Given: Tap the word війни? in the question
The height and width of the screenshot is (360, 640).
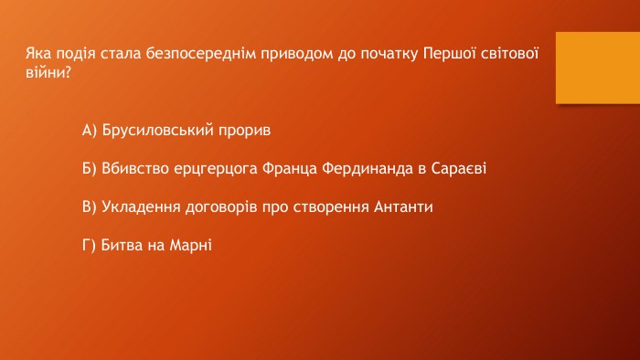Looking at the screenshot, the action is point(48,72).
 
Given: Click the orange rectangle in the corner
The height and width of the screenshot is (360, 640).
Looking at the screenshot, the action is point(598,68).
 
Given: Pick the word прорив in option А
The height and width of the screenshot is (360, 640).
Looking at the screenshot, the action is point(244,131).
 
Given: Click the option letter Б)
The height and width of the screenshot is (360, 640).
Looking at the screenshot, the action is point(90,169).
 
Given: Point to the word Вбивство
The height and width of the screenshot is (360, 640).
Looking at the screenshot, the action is point(135,168).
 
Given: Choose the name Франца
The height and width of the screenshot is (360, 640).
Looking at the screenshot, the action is point(290,169).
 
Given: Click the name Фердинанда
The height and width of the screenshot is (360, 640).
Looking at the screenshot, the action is point(368,169).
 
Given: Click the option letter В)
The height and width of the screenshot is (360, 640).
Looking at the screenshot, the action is point(90,207).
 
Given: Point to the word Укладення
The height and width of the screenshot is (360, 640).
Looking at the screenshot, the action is point(141,207).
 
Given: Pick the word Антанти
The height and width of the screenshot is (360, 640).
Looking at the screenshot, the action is point(403,206).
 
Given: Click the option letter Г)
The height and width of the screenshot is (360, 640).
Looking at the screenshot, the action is point(89,246).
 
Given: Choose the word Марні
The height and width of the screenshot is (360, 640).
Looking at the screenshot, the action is point(190,246).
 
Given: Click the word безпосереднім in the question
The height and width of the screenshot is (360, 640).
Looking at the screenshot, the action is point(201,54).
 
